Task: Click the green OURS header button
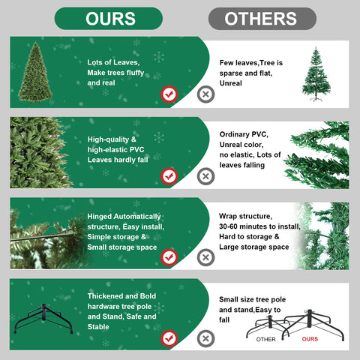tap(109, 18)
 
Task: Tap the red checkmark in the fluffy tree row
tap(169, 94)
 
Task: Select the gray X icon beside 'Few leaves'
tap(205, 94)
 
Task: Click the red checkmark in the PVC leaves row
tap(169, 176)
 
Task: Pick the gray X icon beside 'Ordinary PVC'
tap(205, 176)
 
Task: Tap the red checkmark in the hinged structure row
tap(169, 257)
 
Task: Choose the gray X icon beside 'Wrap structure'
tap(205, 257)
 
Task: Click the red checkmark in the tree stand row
tap(169, 338)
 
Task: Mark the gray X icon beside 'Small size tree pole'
tap(205, 338)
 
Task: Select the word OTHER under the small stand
tap(266, 339)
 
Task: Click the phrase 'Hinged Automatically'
tap(123, 215)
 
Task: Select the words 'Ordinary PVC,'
tap(244, 133)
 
